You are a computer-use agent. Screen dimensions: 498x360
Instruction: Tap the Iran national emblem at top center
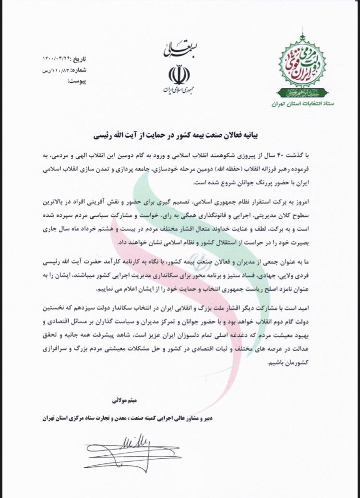(179, 74)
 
